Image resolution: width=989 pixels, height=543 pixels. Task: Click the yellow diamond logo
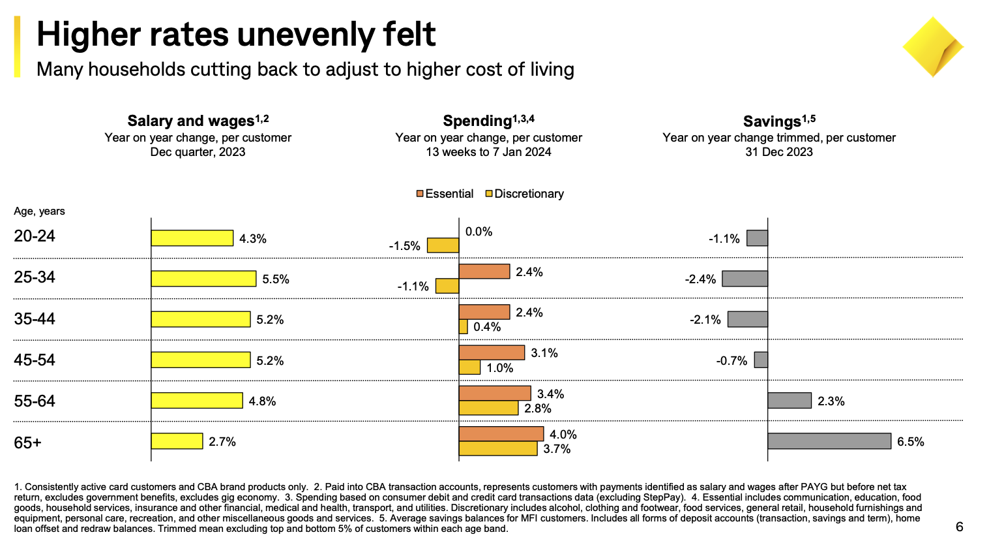pos(932,48)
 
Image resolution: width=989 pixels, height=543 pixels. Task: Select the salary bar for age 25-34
pos(203,279)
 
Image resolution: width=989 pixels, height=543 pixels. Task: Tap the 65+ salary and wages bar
pos(177,441)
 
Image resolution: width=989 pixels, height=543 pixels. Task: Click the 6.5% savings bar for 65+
pos(829,441)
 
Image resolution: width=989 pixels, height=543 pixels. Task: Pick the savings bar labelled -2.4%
pos(745,279)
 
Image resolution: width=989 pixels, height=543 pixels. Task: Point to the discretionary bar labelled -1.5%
pos(443,245)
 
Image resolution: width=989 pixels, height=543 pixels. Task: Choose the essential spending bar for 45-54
pos(492,352)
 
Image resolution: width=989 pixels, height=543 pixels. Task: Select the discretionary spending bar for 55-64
pos(488,408)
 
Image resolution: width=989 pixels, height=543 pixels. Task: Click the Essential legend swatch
pos(421,194)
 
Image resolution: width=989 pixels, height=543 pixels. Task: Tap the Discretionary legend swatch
pos(489,194)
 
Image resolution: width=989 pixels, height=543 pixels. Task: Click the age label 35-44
pos(35,319)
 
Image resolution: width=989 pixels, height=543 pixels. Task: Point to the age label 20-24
pos(35,236)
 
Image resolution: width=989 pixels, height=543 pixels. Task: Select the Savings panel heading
pos(778,121)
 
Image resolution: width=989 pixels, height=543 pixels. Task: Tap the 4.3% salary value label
pos(253,239)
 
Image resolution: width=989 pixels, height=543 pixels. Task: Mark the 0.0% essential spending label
pos(479,232)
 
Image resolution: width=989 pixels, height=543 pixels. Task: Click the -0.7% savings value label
pos(731,361)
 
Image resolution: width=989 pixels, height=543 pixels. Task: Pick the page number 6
pos(959,527)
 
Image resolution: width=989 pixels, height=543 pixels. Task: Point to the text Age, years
pos(39,211)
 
